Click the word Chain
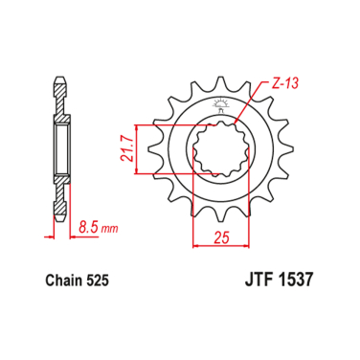pos(65,282)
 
